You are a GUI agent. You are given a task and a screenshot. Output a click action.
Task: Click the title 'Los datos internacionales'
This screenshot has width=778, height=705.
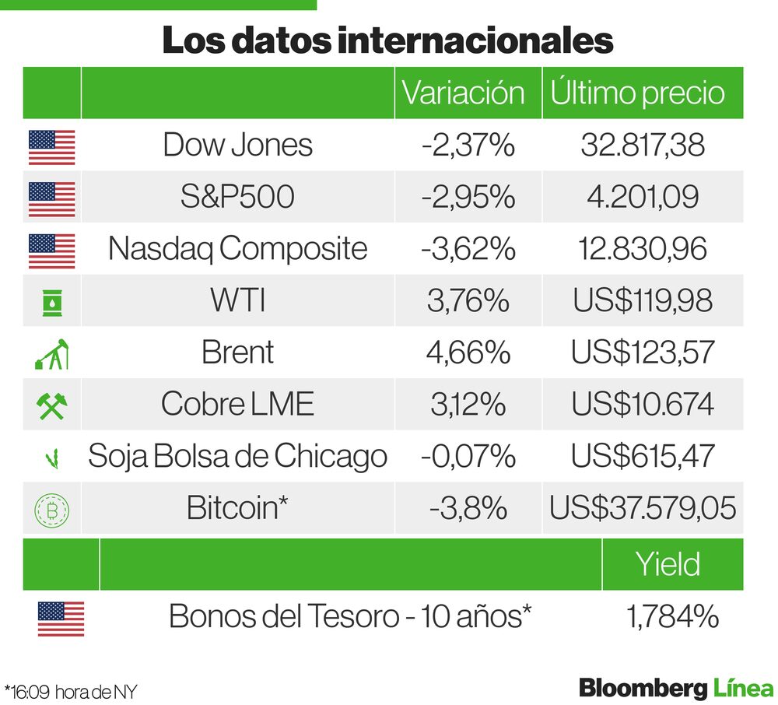[x=387, y=41]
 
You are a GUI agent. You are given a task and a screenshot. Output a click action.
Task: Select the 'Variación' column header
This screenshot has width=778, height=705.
[x=463, y=93]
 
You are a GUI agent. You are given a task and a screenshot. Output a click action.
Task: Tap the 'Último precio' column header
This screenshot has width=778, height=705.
[x=637, y=93]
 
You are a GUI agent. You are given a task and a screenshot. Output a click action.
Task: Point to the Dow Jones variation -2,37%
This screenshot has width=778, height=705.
[x=468, y=146]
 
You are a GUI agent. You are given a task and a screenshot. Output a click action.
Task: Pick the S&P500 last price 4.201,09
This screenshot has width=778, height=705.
[x=643, y=197]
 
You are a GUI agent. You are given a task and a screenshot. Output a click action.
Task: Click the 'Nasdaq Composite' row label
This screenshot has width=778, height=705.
[x=237, y=249]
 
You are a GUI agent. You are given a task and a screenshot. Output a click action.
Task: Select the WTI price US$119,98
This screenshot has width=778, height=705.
[x=643, y=301]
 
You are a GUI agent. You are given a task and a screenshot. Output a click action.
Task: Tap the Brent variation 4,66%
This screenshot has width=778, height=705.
[x=468, y=352]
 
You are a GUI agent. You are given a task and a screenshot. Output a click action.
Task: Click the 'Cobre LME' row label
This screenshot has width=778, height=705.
[x=237, y=405]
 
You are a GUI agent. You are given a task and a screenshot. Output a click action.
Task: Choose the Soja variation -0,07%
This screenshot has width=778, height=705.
[x=468, y=456]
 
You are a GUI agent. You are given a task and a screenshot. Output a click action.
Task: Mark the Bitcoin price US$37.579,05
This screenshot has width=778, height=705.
[x=643, y=508]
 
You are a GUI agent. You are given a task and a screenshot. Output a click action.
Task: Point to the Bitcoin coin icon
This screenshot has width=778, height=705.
[x=51, y=510]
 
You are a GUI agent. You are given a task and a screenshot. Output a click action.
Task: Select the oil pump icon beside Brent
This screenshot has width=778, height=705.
[x=51, y=354]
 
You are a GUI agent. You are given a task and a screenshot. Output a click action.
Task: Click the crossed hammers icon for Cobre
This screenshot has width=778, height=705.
[x=51, y=405]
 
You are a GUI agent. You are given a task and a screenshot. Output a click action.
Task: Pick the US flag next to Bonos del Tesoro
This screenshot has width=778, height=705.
[x=61, y=619]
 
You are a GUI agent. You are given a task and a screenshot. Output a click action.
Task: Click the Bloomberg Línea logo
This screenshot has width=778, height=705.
[x=676, y=689]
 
